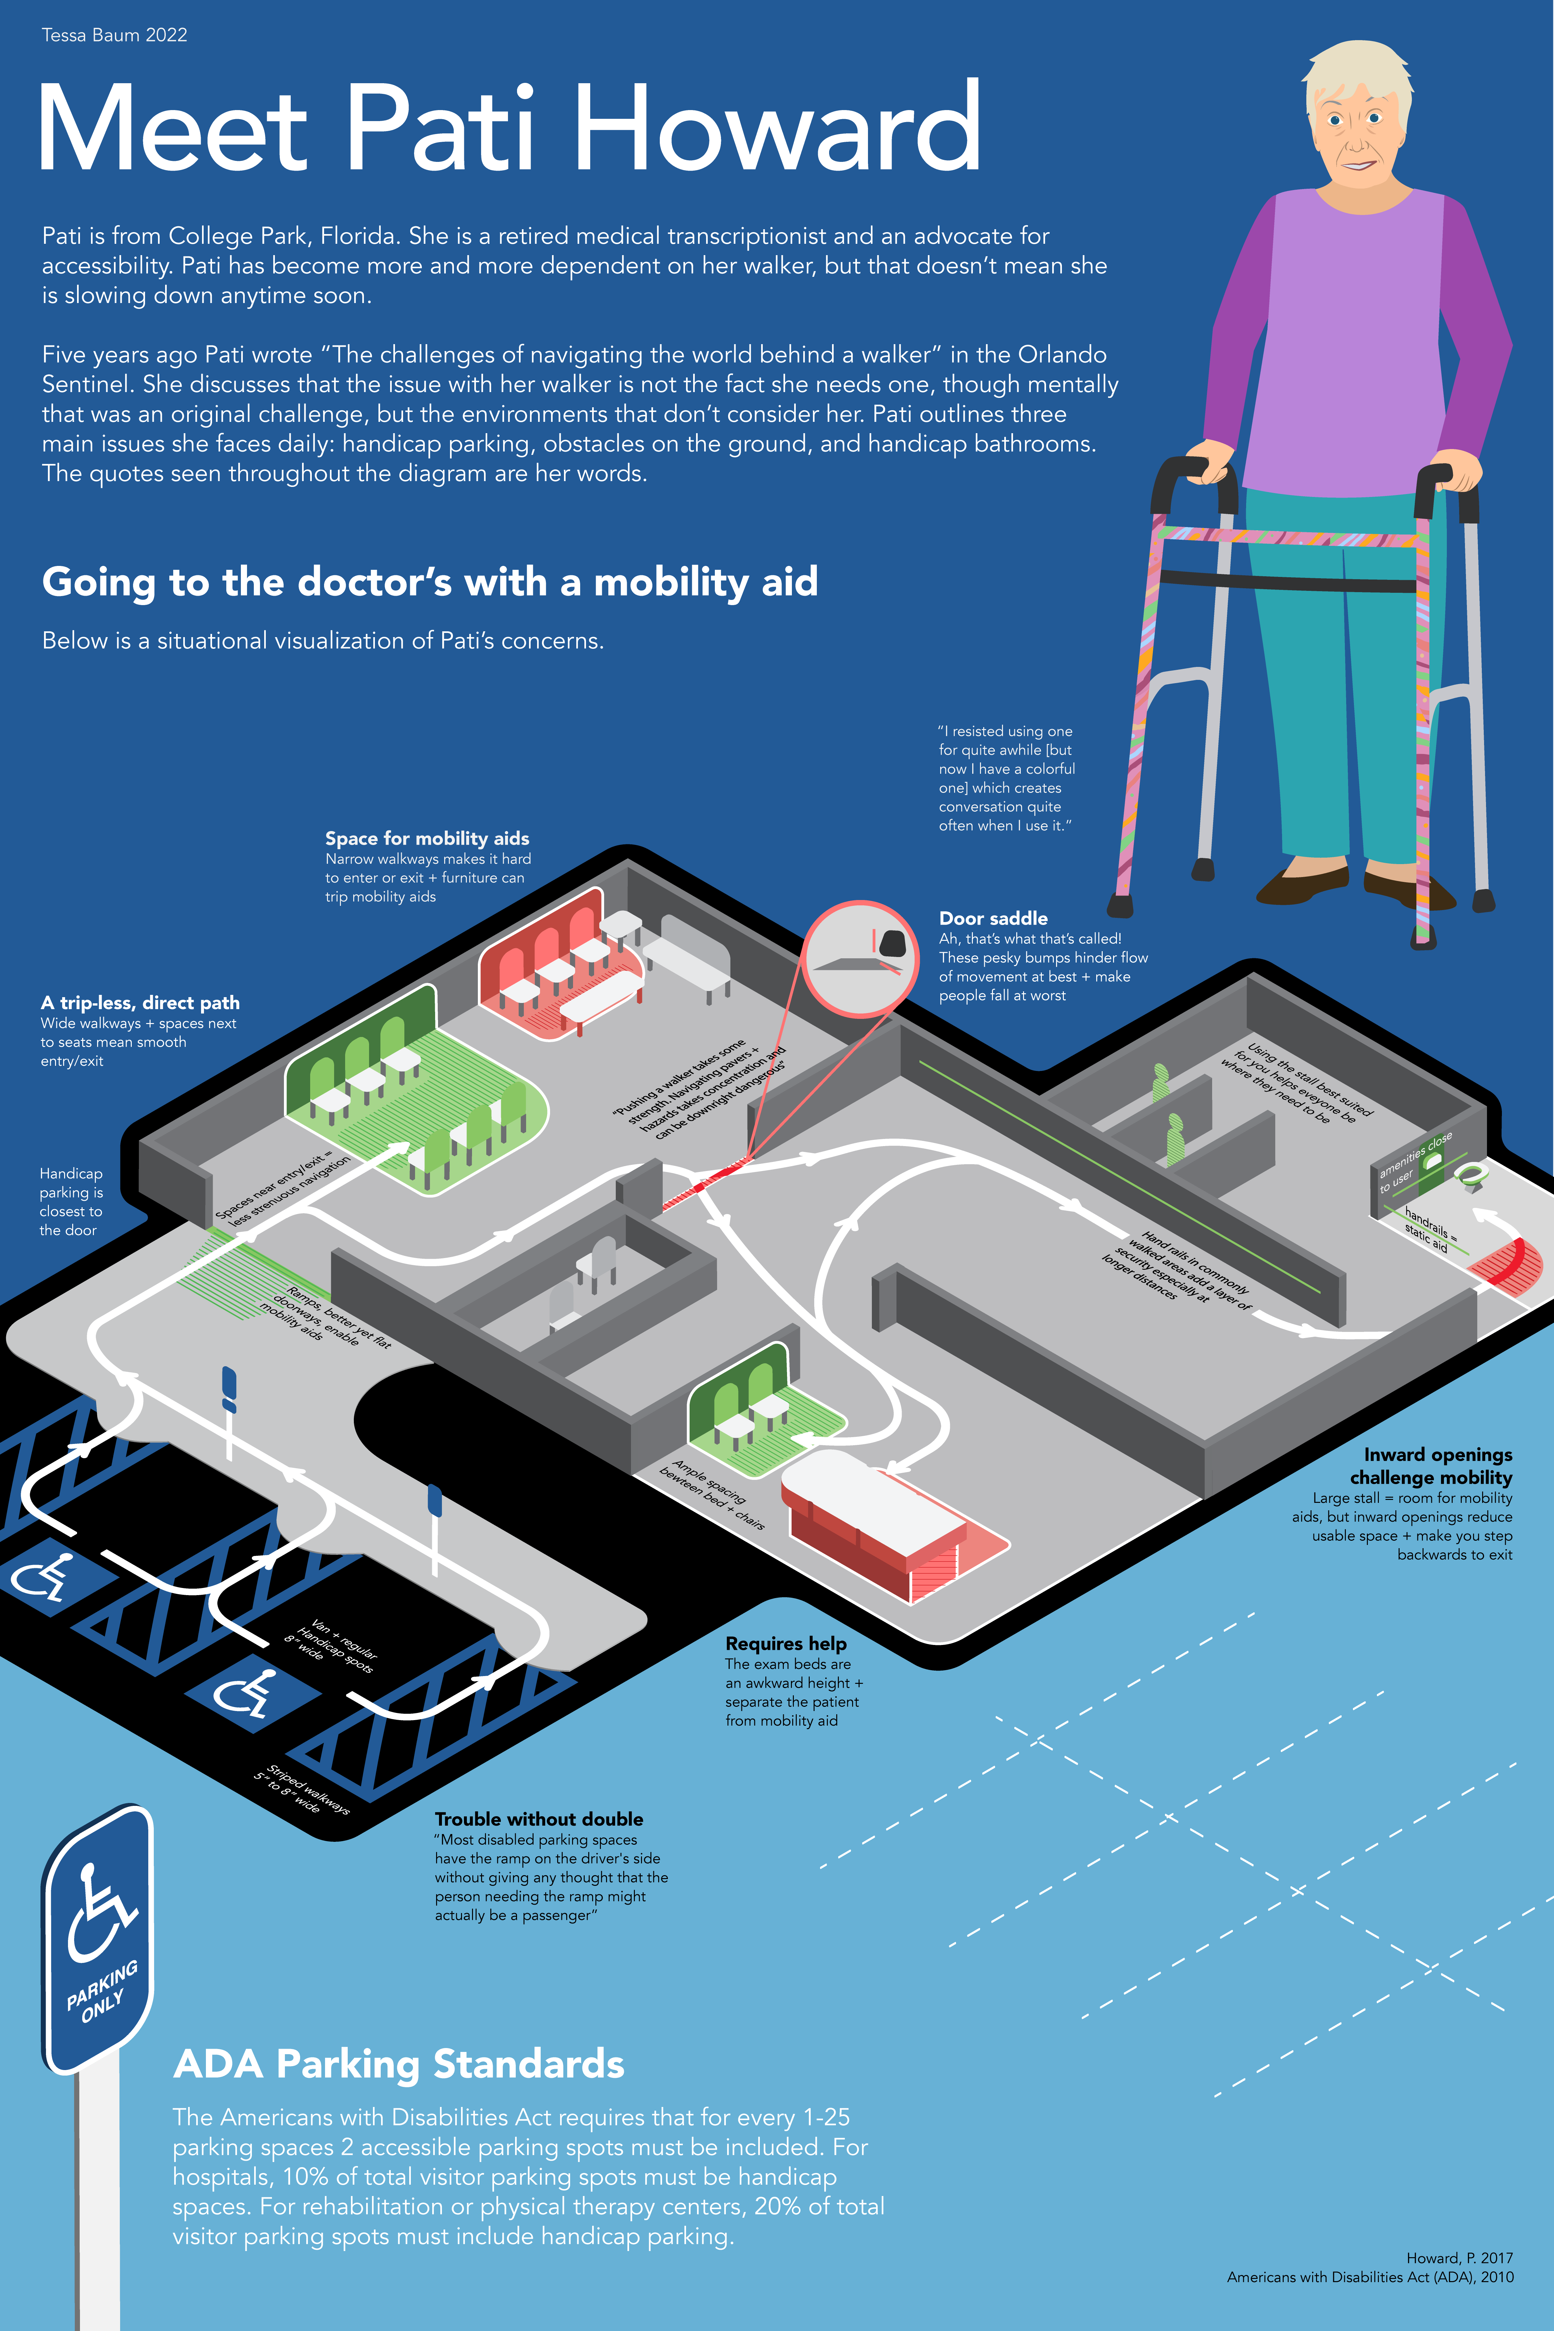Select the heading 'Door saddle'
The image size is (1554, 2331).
[993, 918]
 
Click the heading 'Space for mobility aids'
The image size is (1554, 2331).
[427, 839]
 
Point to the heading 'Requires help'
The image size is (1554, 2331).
[786, 1643]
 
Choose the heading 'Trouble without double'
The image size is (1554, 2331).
[539, 1819]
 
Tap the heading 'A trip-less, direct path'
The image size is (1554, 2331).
[140, 1003]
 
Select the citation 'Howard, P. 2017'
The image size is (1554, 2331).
[1459, 2258]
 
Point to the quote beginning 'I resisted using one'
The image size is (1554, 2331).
[1006, 778]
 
